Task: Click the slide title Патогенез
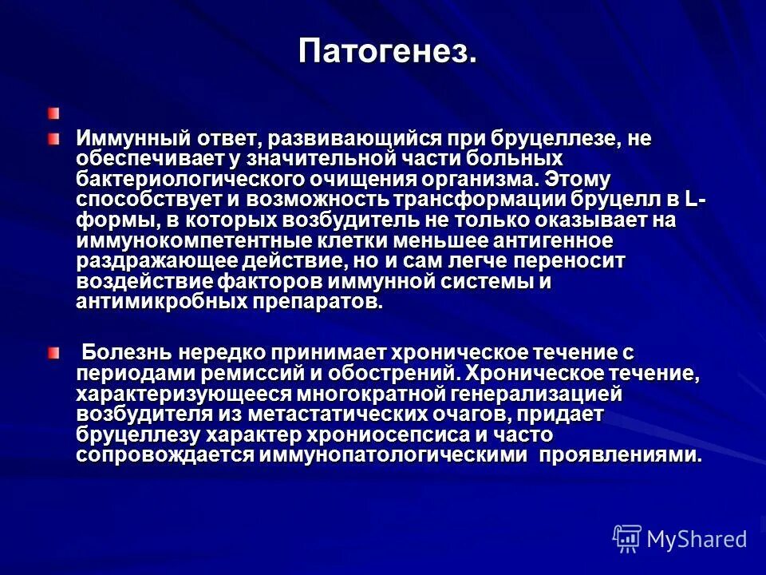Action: tap(389, 52)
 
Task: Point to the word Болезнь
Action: tap(127, 352)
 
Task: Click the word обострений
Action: tap(397, 373)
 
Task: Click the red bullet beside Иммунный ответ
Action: tap(53, 138)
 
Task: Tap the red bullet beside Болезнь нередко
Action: tap(53, 353)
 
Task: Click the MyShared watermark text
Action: tap(696, 539)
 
